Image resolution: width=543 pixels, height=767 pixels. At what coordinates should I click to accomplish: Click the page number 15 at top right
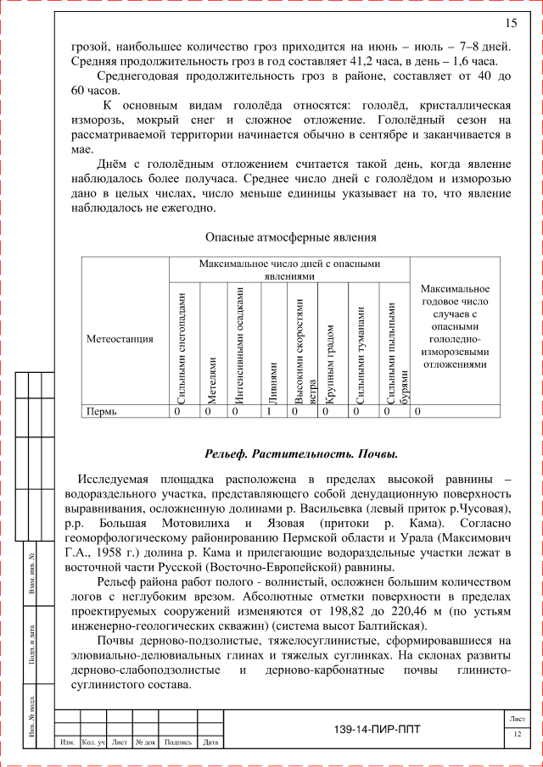coord(511,22)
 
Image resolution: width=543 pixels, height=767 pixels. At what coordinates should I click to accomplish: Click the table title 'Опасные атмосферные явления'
coord(291,237)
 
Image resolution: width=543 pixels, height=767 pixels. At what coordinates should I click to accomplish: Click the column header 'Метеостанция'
coord(120,338)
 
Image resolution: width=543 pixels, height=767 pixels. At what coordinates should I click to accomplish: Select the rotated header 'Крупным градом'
coord(331,364)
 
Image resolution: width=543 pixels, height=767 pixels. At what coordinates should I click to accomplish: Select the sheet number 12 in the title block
coord(517,734)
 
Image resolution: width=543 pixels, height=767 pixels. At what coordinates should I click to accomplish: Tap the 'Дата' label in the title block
coord(211,742)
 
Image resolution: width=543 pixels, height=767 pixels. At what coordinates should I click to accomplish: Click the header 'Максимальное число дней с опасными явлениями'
coord(289,270)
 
